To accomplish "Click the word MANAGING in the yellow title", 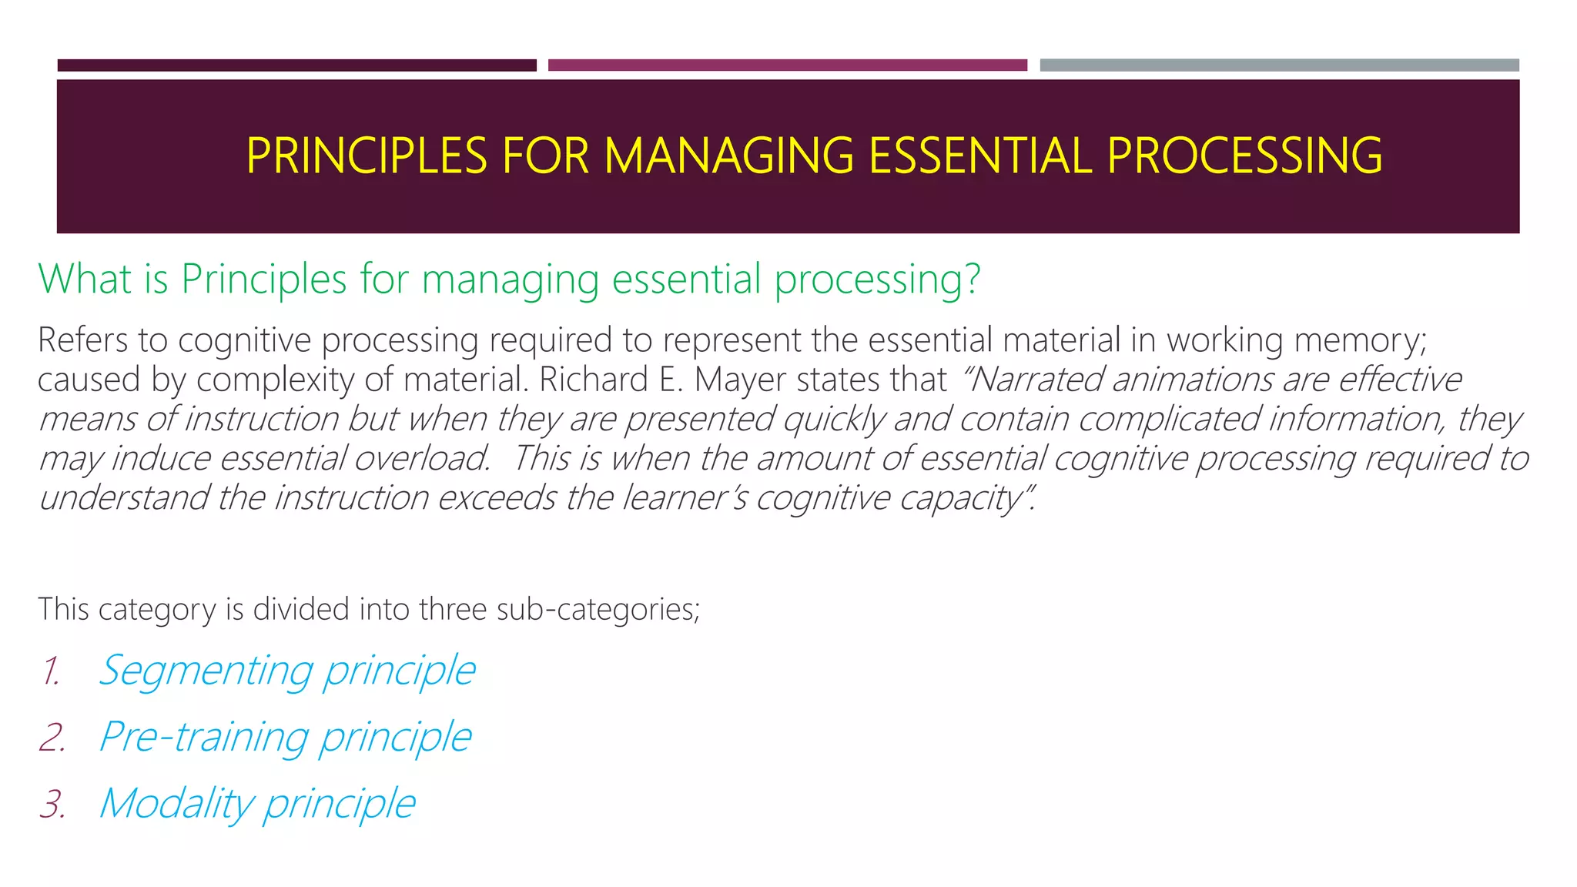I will tap(728, 156).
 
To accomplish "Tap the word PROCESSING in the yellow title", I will tap(1244, 156).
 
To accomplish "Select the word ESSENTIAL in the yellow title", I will tap(980, 156).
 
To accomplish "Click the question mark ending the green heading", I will tap(973, 279).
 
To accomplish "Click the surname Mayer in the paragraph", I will tap(741, 380).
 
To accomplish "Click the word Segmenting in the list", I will tap(206, 671).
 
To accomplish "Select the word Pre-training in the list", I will tap(204, 738).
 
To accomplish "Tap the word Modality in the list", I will tap(176, 804).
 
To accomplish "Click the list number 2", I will tap(52, 738).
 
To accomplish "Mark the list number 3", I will tap(52, 804).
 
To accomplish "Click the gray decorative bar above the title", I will tap(1279, 65).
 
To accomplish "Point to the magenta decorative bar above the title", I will tap(787, 65).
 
